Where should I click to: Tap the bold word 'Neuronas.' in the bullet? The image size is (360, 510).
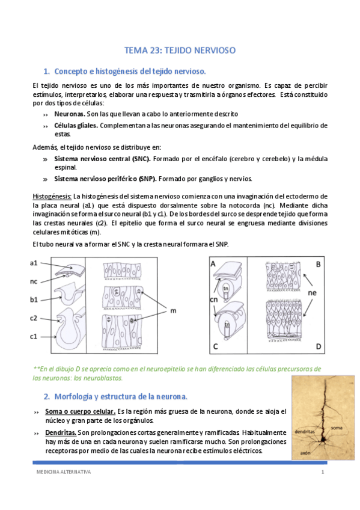click(x=69, y=114)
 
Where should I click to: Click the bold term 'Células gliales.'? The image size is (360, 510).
click(x=76, y=126)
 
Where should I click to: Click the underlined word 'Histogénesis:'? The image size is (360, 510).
click(x=52, y=197)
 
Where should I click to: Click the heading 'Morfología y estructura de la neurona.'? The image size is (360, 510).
click(x=121, y=396)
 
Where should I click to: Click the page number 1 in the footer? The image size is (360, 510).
click(x=322, y=473)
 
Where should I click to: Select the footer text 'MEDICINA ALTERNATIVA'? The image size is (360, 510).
click(x=63, y=473)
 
